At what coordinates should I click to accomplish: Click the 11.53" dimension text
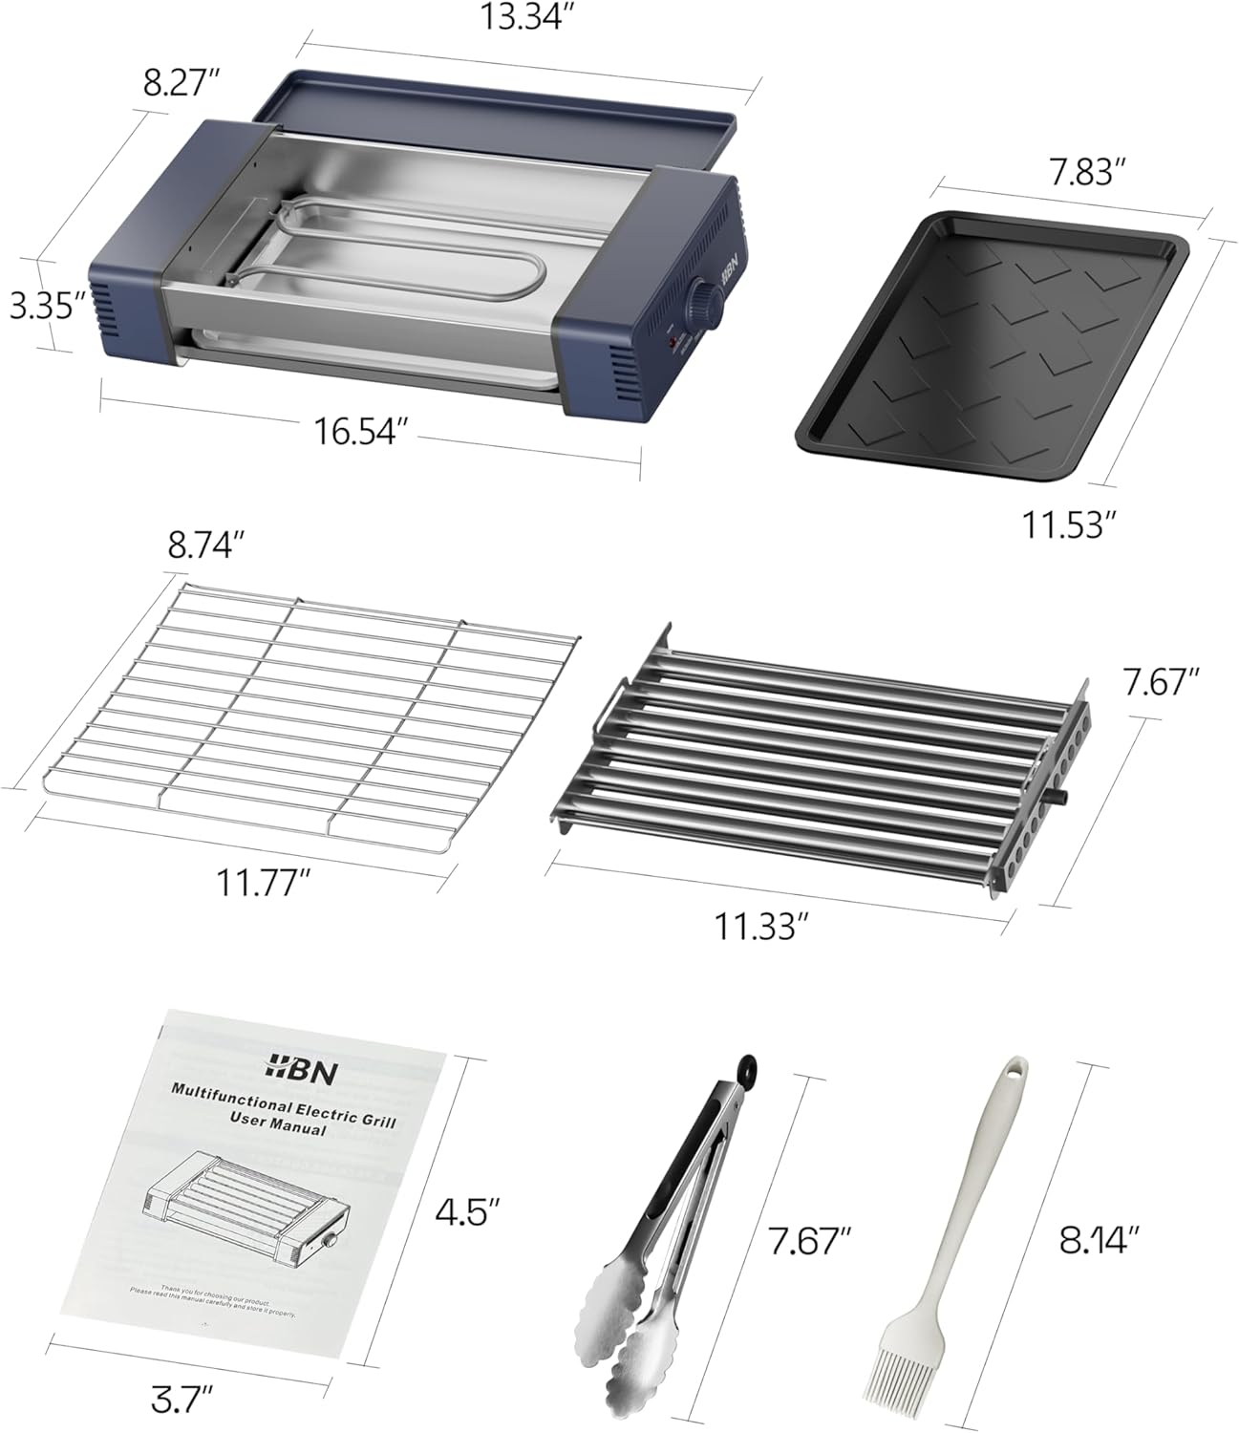[x=1068, y=524]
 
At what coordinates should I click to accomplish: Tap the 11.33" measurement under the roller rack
[x=762, y=925]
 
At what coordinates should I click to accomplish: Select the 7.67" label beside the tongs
[x=809, y=1241]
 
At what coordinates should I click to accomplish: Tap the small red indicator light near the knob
[x=672, y=341]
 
